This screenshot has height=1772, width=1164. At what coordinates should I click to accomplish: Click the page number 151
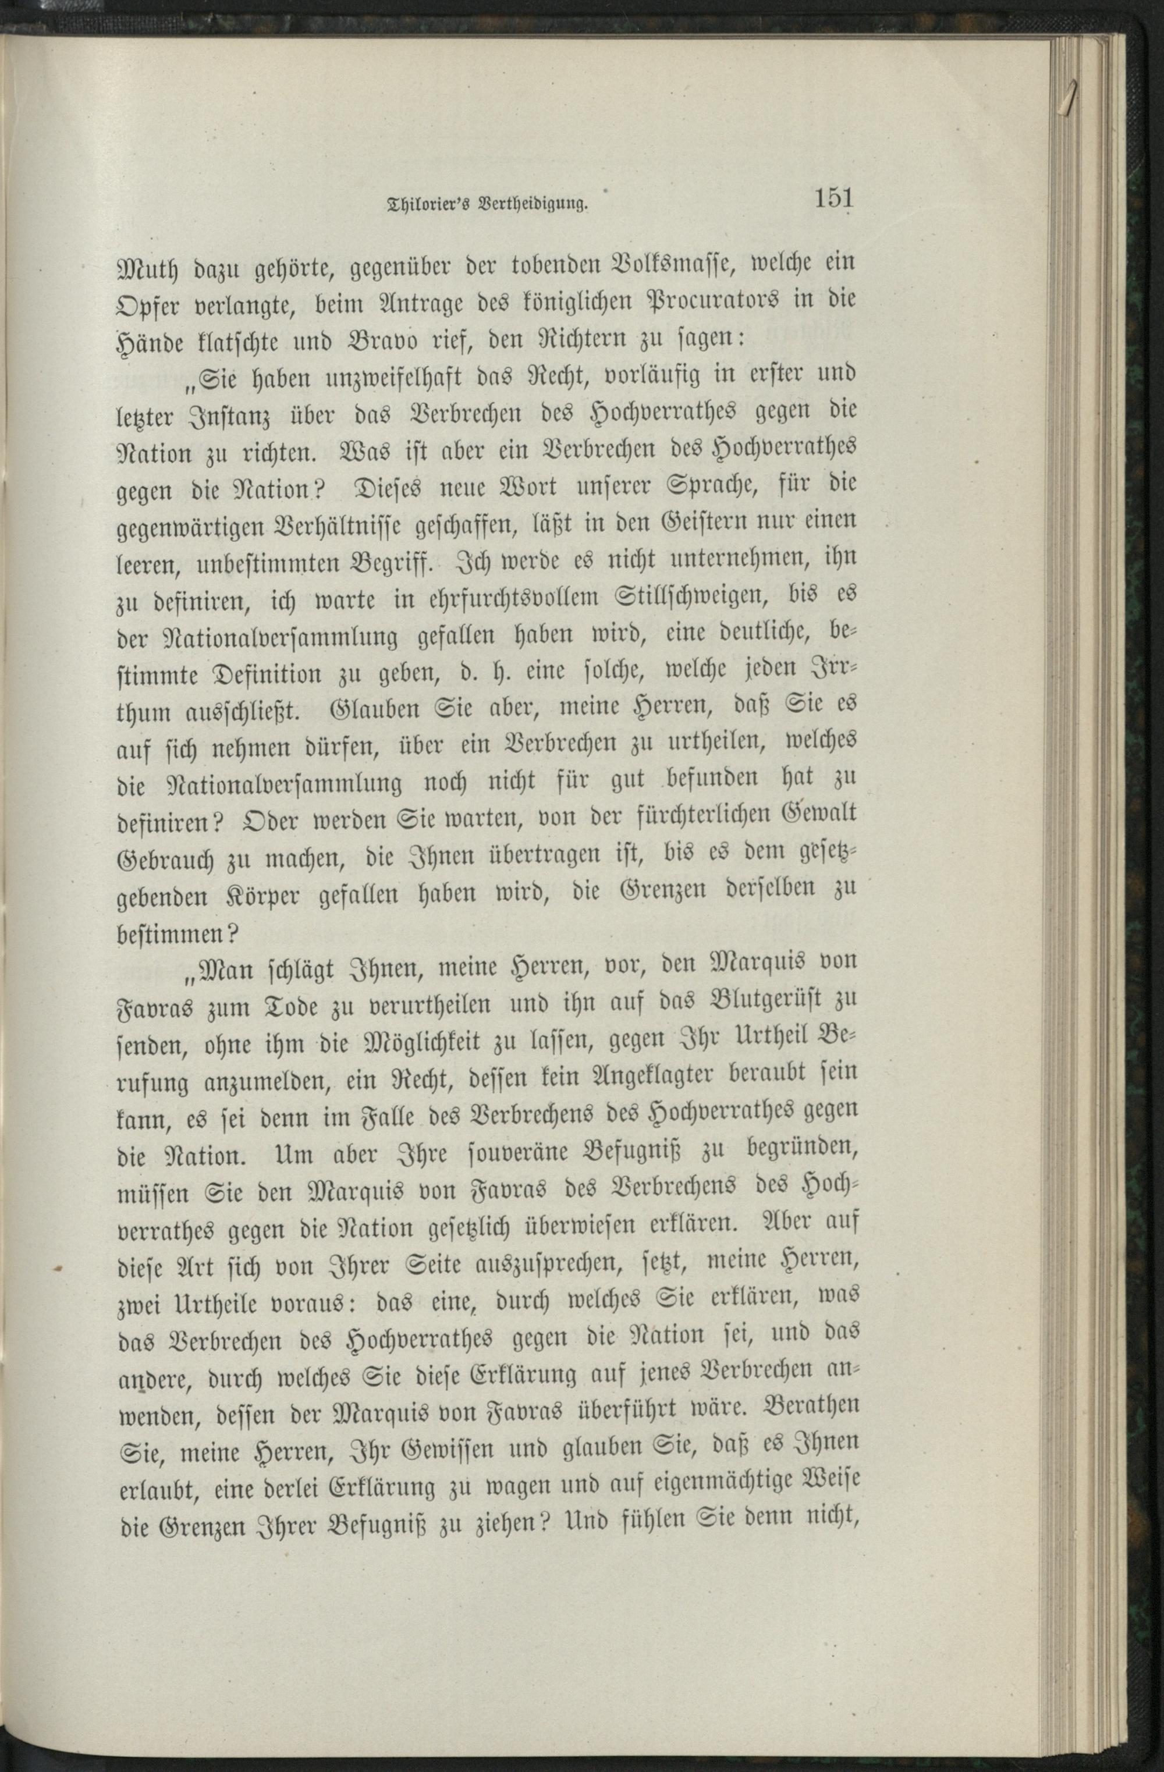pos(833,199)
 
